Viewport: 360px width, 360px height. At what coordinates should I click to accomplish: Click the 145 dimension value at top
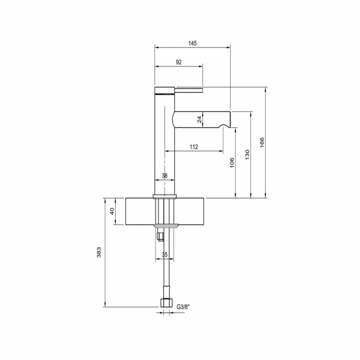193,43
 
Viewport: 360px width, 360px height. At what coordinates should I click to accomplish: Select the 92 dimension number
178,63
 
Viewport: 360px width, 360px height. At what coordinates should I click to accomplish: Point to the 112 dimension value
194,147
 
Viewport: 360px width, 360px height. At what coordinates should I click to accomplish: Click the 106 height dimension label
232,163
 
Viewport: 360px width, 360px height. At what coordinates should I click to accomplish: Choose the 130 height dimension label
248,155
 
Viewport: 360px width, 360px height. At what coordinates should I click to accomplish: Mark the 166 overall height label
262,143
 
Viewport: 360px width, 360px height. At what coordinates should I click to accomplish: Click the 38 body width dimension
164,176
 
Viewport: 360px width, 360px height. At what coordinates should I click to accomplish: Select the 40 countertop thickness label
111,211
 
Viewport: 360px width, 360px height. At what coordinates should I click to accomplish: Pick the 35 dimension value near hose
164,255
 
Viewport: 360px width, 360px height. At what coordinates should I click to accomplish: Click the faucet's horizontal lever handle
188,89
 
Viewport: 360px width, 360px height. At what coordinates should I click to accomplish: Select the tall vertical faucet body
164,144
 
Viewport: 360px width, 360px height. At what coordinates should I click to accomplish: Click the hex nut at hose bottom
164,303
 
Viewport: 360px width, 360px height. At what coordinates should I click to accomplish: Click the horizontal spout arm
199,119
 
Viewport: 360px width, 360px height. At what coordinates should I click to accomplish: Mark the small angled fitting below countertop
160,237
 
